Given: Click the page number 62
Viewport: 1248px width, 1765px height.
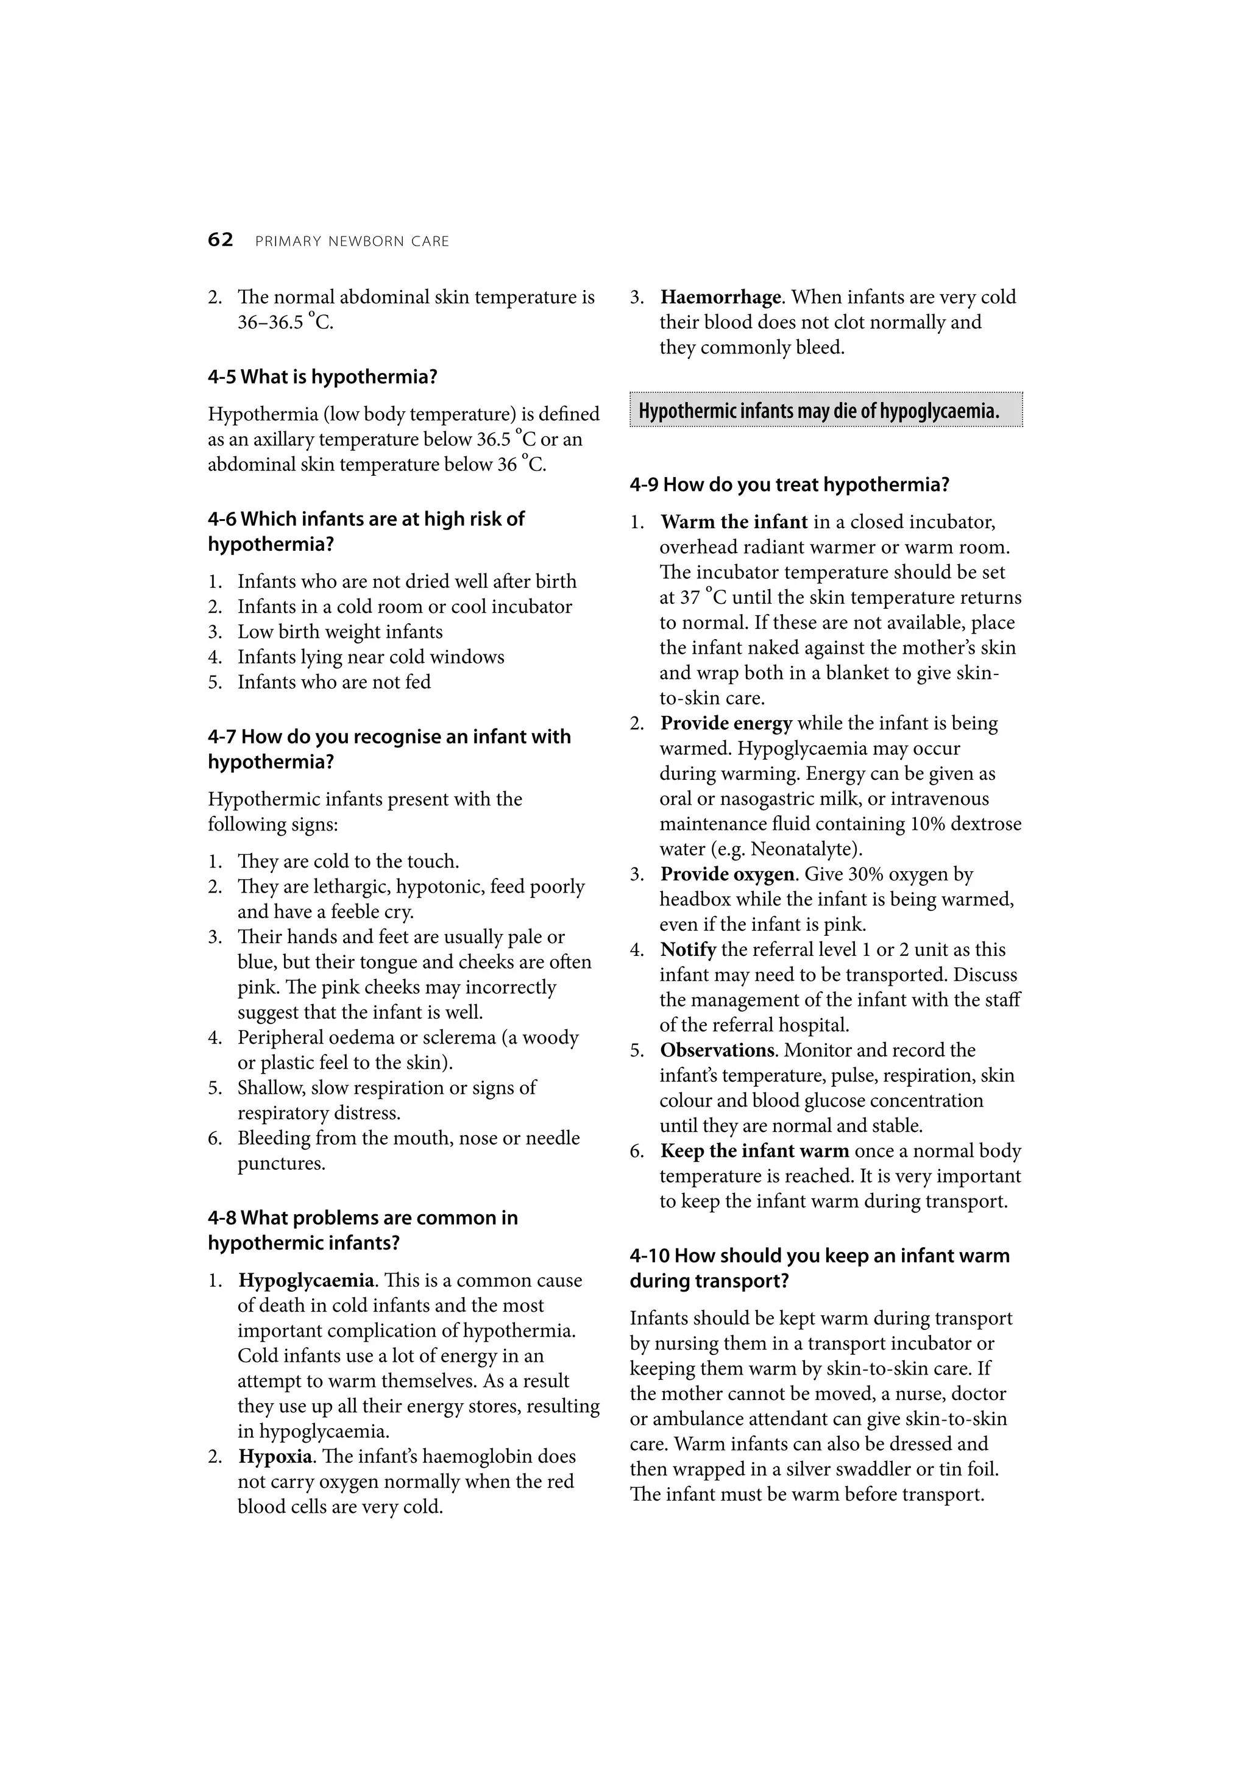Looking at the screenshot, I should [220, 241].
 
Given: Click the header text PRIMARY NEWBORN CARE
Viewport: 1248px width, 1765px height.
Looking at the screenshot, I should [352, 241].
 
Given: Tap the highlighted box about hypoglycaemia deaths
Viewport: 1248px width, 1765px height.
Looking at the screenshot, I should [825, 411].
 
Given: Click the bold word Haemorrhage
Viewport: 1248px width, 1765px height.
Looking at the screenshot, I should [720, 297].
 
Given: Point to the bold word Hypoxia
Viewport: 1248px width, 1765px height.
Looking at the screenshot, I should [274, 1456].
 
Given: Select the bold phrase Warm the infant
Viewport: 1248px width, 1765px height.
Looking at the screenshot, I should [734, 522].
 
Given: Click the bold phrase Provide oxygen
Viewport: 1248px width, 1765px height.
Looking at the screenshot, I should [726, 874].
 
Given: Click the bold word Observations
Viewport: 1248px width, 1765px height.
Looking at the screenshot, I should [717, 1050].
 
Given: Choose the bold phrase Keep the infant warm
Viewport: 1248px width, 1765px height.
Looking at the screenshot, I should [754, 1151].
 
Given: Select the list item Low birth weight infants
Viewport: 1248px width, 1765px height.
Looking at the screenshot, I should [340, 632].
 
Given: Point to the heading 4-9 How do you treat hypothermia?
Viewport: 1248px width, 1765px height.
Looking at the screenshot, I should [789, 485].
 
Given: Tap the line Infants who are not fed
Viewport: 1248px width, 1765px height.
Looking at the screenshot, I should [334, 682].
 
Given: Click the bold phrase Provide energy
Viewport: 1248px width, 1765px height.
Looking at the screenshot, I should [726, 723].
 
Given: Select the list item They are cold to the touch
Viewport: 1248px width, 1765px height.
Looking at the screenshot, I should [347, 861].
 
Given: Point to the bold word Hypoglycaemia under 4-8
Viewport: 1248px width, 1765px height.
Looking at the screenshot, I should [306, 1280].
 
